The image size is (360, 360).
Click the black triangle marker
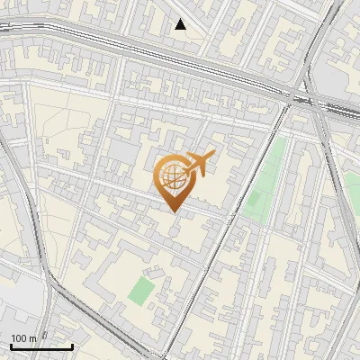point(181,24)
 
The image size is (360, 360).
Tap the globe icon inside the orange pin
point(173,176)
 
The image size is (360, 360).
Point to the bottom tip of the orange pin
point(174,211)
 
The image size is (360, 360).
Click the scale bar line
point(41,346)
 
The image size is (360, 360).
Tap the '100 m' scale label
point(23,338)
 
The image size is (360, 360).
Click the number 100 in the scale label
point(19,338)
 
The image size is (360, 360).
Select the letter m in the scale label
point(32,338)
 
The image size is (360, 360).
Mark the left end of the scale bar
point(11,346)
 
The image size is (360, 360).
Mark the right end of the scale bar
point(72,346)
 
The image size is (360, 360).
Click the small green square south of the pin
point(140,290)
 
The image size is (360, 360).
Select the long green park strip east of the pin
point(266,180)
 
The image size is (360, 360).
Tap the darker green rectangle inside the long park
point(257,203)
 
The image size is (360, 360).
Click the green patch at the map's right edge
point(353,189)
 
